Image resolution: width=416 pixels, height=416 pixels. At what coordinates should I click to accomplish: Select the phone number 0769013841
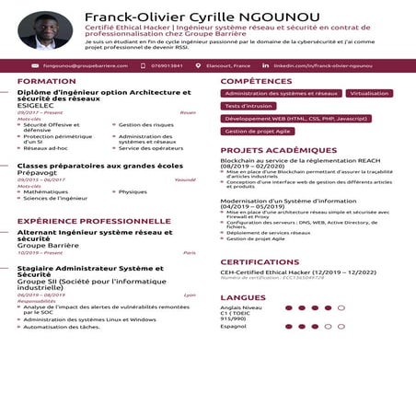click(x=166, y=66)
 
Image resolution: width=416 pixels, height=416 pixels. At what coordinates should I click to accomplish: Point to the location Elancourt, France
click(x=229, y=66)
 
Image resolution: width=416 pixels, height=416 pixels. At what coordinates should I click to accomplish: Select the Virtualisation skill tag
click(x=369, y=94)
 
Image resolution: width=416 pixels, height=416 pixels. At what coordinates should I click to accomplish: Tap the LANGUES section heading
click(x=243, y=297)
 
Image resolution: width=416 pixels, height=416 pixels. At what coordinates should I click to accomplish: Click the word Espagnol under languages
click(x=233, y=326)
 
